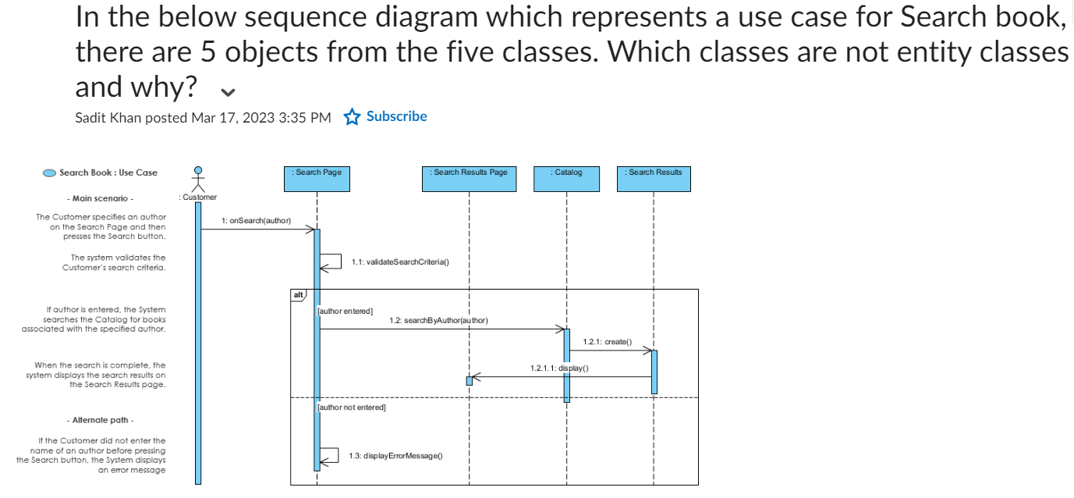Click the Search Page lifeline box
[x=317, y=179]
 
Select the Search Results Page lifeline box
[x=469, y=179]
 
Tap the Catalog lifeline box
[x=566, y=179]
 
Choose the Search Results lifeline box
[x=654, y=179]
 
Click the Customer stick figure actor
[x=198, y=180]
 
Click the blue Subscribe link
[x=396, y=116]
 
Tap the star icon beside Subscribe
[x=352, y=117]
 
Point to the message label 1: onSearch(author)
[x=256, y=221]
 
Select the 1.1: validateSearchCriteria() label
[x=400, y=262]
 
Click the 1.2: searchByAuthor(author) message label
[x=438, y=321]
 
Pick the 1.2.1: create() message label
[x=608, y=342]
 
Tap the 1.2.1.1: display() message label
[x=559, y=368]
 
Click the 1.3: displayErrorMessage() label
[x=395, y=456]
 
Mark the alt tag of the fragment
[x=298, y=295]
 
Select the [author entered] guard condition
[x=345, y=311]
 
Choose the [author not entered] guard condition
[x=352, y=407]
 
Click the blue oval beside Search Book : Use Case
[x=49, y=173]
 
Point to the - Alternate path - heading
[x=100, y=420]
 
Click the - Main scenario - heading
[x=100, y=198]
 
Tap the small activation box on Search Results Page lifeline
[x=469, y=381]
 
